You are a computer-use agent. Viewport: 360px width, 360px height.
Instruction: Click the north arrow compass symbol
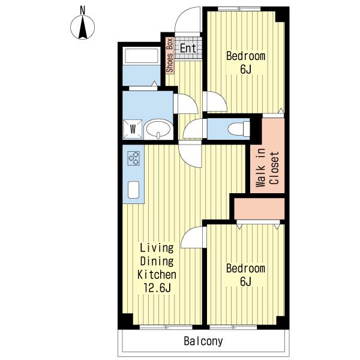82,28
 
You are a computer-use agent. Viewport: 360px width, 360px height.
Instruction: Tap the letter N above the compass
83,10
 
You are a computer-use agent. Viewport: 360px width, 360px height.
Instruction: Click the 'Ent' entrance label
188,48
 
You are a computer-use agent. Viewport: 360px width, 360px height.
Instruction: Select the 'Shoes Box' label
170,56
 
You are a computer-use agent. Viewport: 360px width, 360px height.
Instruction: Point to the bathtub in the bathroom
142,55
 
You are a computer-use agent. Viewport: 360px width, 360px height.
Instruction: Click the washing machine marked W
133,129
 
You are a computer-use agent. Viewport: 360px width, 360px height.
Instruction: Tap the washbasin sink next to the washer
158,129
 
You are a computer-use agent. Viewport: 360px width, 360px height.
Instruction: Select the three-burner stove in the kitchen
134,158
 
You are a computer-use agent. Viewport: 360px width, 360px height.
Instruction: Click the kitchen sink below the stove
134,190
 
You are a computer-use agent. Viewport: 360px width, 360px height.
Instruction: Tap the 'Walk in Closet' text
268,167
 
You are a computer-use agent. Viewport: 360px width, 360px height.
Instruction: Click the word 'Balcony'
203,341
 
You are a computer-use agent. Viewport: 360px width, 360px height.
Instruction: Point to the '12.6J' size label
157,288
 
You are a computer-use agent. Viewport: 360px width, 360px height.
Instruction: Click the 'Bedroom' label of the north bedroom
245,56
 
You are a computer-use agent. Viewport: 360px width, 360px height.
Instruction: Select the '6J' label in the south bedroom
246,282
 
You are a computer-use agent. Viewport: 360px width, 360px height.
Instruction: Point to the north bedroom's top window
239,9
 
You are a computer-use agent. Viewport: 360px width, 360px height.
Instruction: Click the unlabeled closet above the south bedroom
259,209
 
